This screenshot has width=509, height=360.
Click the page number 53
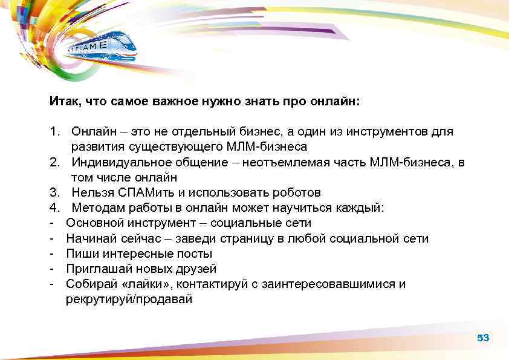click(x=482, y=338)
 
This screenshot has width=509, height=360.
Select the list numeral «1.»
click(x=54, y=131)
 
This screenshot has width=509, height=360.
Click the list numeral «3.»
click(x=54, y=192)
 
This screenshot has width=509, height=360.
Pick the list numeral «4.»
click(x=54, y=208)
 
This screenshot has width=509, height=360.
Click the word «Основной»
click(x=92, y=223)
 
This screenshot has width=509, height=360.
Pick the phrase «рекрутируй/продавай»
click(x=129, y=299)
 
